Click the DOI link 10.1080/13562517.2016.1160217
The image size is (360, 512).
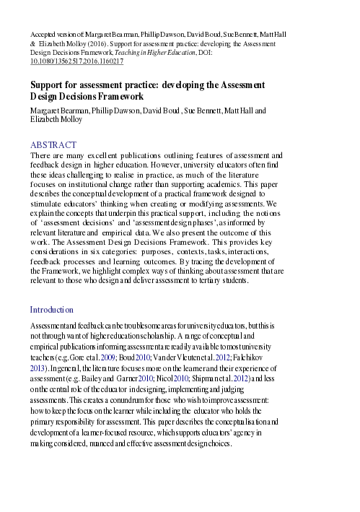point(76,62)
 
